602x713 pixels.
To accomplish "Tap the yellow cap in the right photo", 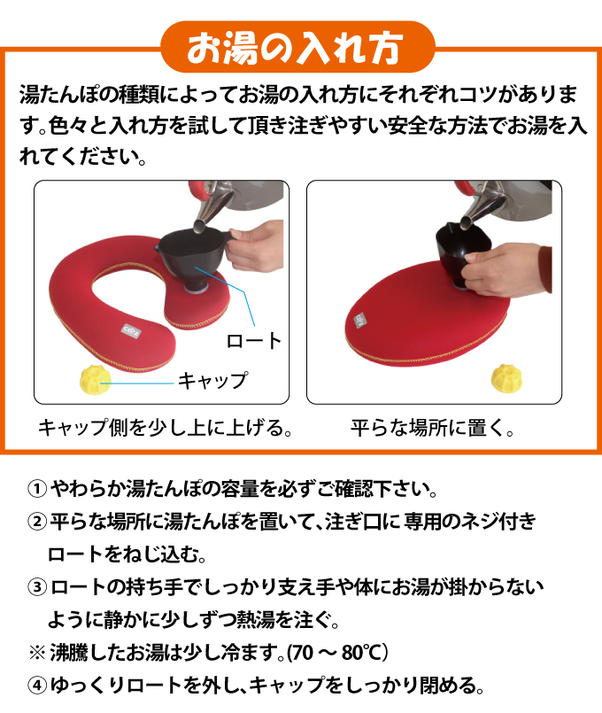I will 506,377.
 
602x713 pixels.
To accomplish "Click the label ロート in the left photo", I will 254,340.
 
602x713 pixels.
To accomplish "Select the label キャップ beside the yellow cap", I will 213,381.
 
